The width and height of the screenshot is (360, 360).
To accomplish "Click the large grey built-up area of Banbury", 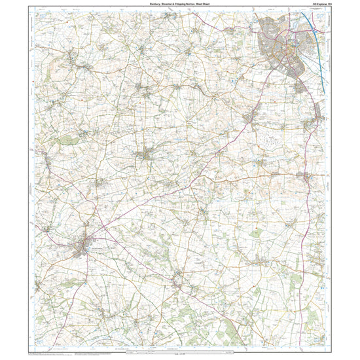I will [281, 46].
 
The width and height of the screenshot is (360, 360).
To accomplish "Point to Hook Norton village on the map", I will [146, 156].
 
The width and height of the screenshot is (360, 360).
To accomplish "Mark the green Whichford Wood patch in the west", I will [65, 140].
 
